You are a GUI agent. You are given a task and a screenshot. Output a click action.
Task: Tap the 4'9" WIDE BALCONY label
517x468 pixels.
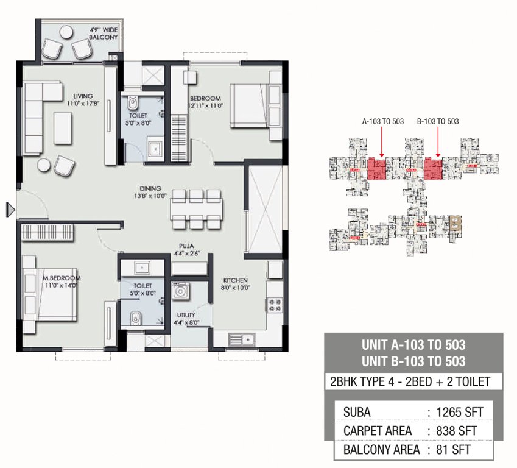click(103, 34)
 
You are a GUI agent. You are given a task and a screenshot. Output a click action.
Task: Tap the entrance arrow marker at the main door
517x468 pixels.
click(10, 210)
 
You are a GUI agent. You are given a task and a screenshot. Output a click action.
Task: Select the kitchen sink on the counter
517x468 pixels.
click(241, 339)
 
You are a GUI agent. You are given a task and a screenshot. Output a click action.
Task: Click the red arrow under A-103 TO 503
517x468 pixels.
click(381, 146)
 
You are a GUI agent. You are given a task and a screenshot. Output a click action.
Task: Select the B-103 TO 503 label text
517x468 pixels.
click(438, 121)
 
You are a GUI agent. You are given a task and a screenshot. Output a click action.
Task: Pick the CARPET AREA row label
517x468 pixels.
click(378, 431)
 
